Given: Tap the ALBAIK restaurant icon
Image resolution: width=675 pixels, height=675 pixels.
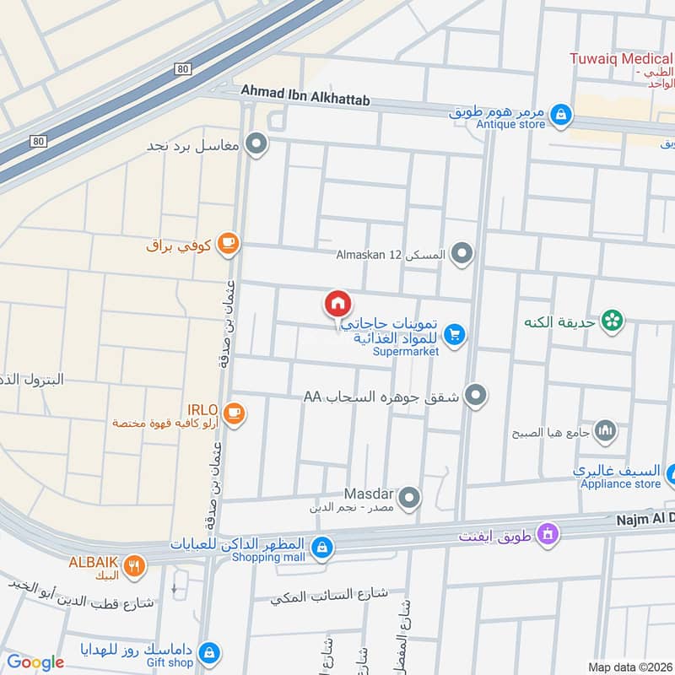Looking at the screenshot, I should pos(133,567).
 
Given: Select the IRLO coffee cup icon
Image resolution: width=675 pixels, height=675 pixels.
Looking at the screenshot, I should pos(235,413).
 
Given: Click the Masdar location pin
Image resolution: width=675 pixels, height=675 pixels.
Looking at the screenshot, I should pos(409,498).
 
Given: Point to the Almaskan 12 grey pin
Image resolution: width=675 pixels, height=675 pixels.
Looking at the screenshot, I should pos(462,252).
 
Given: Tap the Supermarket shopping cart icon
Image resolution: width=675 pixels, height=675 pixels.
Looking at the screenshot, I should pos(455,336).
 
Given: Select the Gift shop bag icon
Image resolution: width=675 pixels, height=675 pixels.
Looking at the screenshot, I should pos(210,652).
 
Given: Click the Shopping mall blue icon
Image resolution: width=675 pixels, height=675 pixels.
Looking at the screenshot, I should pos(321,549).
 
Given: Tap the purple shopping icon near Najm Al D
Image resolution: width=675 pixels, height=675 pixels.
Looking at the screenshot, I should pos(548,534).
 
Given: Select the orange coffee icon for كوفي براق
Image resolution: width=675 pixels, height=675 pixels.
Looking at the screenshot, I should pos(227,245).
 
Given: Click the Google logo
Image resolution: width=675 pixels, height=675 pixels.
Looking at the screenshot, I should pos(35,662).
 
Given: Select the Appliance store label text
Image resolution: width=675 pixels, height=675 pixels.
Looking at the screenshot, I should pos(620,483).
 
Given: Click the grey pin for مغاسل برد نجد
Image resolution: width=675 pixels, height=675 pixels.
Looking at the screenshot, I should pos(257,144).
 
